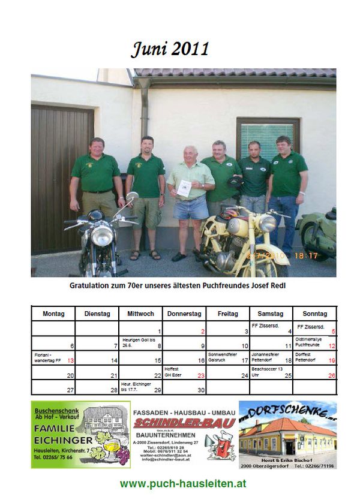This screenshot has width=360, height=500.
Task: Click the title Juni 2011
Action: coord(170,49)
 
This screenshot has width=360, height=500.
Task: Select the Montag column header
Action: coord(53,314)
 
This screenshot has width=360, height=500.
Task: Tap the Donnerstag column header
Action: coord(184,314)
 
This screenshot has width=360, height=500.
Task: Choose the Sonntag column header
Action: coord(314,314)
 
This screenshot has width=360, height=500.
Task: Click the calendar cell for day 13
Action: coord(53,358)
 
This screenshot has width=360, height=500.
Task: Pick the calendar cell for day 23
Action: coord(184,372)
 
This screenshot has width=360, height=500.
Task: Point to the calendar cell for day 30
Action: coord(184,387)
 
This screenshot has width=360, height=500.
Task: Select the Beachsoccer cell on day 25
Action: coord(271,372)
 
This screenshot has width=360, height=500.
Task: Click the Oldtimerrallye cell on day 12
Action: coord(314,343)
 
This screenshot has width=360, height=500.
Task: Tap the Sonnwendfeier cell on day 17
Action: coord(228,358)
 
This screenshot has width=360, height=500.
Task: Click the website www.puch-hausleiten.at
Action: coord(182,483)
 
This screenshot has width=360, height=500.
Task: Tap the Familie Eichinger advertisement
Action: coord(80,435)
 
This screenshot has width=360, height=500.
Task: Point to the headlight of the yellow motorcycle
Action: coord(268,224)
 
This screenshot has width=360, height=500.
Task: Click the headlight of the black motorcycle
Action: coord(101,236)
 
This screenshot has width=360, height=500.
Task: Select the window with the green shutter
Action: coord(268,137)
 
